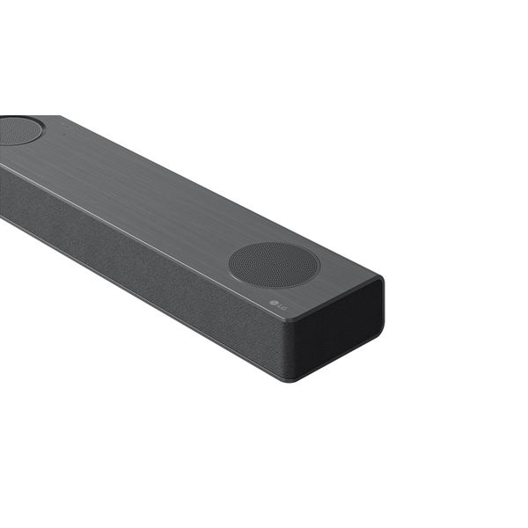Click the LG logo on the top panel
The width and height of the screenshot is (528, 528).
(x=278, y=304)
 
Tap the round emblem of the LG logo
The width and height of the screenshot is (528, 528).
(x=274, y=303)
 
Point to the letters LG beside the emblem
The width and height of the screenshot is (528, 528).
(x=282, y=306)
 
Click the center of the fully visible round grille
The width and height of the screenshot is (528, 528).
(x=274, y=265)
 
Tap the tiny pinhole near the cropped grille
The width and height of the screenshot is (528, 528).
(x=64, y=136)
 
